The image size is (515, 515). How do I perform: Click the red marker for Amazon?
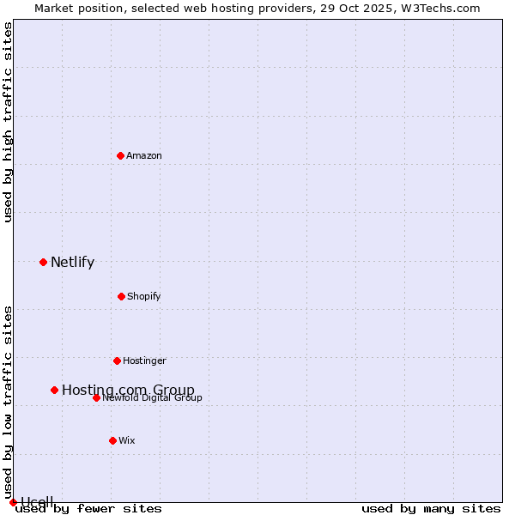[x=120, y=155]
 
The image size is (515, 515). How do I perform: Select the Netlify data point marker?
[x=43, y=262]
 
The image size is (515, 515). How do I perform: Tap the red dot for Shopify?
[x=121, y=296]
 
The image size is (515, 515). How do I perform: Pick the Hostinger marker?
[x=117, y=360]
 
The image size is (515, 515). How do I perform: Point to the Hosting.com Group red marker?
[x=54, y=390]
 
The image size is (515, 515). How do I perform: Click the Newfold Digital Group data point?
[x=96, y=397]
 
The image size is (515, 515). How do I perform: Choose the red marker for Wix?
[x=112, y=440]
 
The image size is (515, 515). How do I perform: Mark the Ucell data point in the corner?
[x=13, y=502]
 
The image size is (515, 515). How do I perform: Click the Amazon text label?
[x=144, y=156]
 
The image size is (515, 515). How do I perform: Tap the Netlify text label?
[x=72, y=263]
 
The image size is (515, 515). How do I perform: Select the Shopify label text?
[x=144, y=297]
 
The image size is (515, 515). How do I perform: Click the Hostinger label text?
[x=144, y=361]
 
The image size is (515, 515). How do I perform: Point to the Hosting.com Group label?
[x=128, y=391]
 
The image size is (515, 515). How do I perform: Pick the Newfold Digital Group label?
[x=153, y=398]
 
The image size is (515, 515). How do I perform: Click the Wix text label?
[x=127, y=441]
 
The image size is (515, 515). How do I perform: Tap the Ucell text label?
[x=37, y=502]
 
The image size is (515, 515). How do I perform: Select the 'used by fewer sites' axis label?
[x=88, y=509]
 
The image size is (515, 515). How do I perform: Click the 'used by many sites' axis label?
[x=431, y=509]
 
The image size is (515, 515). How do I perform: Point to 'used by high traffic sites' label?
[x=8, y=122]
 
